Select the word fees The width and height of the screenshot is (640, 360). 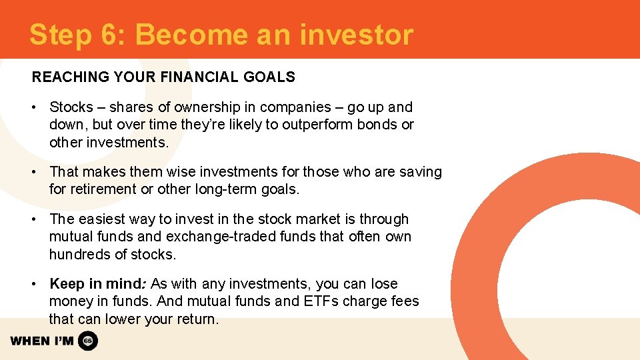(x=404, y=301)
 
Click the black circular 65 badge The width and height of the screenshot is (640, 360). (x=88, y=341)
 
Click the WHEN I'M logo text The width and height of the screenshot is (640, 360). (x=42, y=341)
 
